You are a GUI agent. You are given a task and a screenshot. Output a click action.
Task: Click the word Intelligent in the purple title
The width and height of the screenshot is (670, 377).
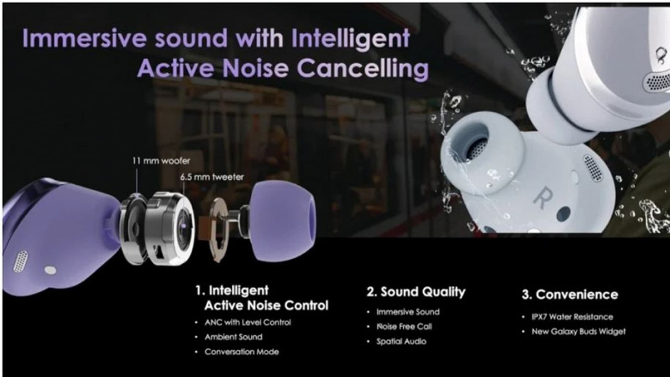click(x=350, y=39)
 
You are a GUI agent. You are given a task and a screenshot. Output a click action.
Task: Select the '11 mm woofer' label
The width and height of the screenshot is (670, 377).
click(x=161, y=161)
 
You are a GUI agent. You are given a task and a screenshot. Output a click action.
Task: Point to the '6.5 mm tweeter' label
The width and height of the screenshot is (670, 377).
click(x=212, y=177)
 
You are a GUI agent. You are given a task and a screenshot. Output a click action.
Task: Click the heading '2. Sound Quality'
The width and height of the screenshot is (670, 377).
click(x=416, y=292)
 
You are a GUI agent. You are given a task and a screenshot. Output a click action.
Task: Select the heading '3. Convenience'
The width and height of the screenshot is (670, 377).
click(x=570, y=294)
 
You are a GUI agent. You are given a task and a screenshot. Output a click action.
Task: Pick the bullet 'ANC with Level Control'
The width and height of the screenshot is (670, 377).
click(x=247, y=323)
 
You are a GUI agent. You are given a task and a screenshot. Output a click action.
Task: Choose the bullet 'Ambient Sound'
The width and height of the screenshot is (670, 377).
click(x=233, y=337)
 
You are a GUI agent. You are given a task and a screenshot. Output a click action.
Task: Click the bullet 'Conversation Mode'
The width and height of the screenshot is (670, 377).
click(x=242, y=352)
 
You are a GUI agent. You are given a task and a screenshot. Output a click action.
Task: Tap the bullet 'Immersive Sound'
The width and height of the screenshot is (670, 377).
click(x=407, y=312)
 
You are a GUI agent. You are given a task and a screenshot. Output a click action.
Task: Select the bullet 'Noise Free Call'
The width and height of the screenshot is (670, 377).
click(x=404, y=327)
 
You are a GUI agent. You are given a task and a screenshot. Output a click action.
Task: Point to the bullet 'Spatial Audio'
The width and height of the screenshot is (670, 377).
click(x=401, y=341)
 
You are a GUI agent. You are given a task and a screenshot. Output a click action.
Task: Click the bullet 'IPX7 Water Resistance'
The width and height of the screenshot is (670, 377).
click(x=572, y=317)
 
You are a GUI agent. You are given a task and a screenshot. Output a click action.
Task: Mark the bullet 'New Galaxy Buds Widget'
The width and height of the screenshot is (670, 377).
click(x=578, y=332)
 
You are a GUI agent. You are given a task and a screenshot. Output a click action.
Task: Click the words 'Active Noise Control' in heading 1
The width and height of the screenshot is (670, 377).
click(x=266, y=306)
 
